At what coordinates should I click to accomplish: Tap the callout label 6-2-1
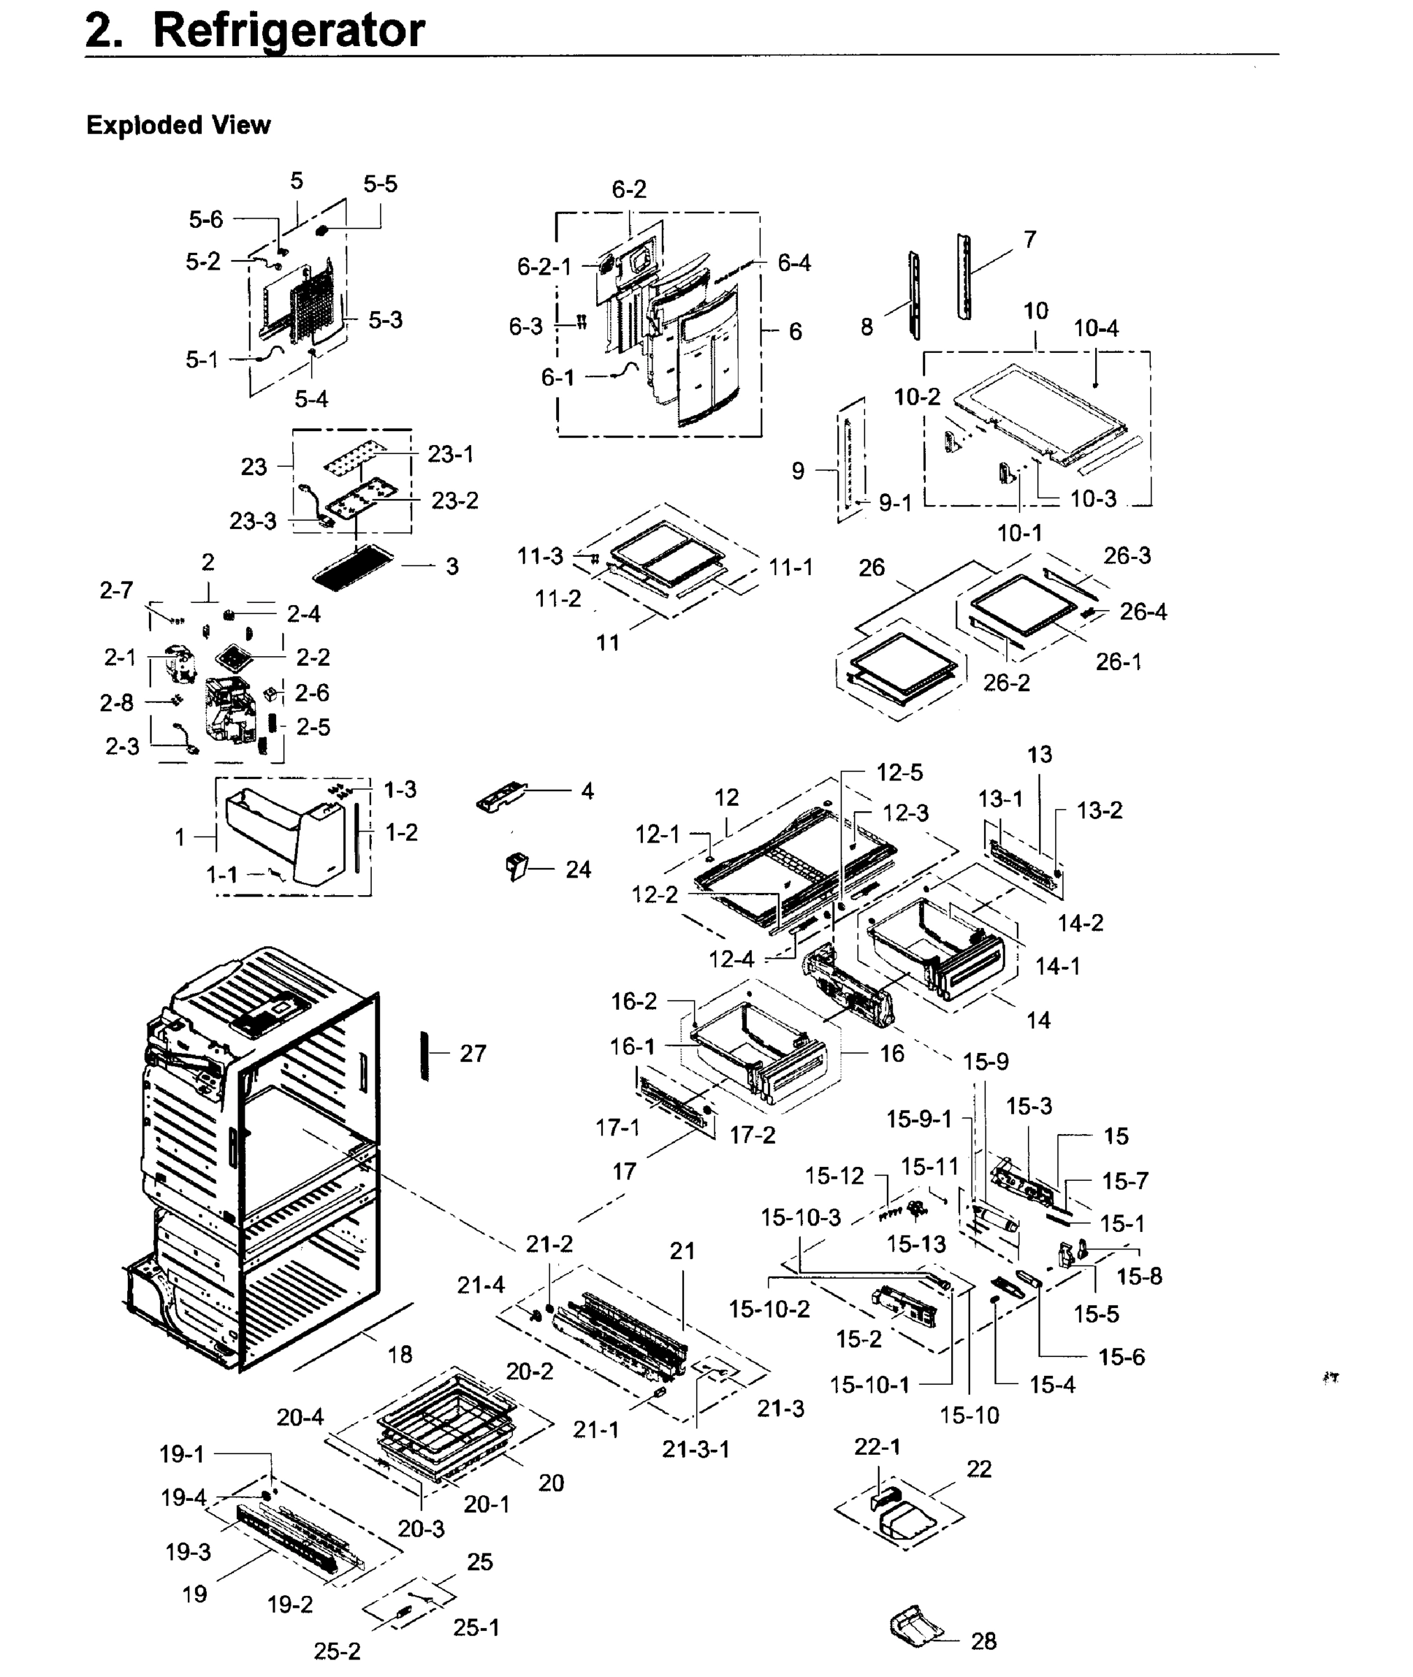pos(544,267)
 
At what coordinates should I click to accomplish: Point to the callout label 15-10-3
pos(800,1217)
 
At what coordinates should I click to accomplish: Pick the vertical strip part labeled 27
pos(425,1057)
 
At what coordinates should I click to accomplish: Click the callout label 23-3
pos(252,521)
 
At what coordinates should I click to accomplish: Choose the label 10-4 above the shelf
pos(1096,328)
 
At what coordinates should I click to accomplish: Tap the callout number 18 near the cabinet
pos(400,1354)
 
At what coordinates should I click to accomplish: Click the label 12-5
pos(899,772)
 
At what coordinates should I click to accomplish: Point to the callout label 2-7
pos(116,590)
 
